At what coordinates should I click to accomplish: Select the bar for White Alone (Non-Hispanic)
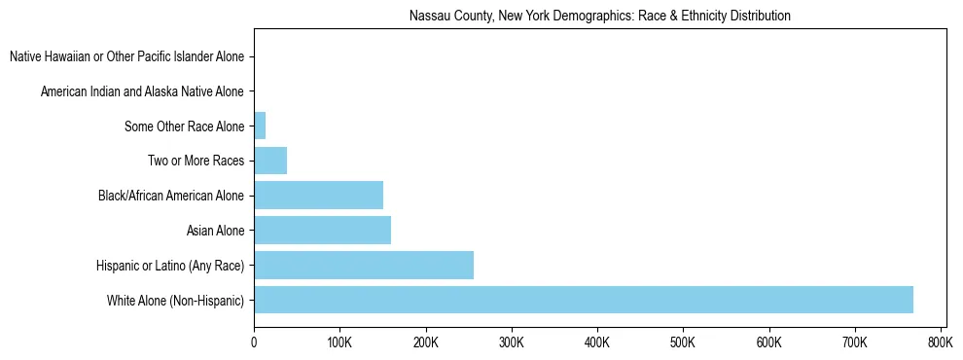583,300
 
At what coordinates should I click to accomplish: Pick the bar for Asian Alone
322,231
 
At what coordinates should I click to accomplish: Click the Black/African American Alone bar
318,196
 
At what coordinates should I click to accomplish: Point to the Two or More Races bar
270,161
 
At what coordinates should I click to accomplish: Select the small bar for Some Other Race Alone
260,126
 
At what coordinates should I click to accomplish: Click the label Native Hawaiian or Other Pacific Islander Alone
127,56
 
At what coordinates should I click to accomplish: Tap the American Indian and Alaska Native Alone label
143,91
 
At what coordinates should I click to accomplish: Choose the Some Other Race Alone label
185,126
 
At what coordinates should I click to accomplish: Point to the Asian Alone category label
215,231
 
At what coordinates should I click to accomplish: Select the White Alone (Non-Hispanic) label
176,300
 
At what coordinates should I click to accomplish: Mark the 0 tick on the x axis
254,342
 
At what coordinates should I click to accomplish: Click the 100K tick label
339,342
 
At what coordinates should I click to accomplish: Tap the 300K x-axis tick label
511,342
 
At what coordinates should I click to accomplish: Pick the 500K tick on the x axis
683,342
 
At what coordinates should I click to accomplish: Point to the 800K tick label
940,342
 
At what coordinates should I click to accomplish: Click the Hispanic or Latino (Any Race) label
170,266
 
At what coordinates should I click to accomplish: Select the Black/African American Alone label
171,196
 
